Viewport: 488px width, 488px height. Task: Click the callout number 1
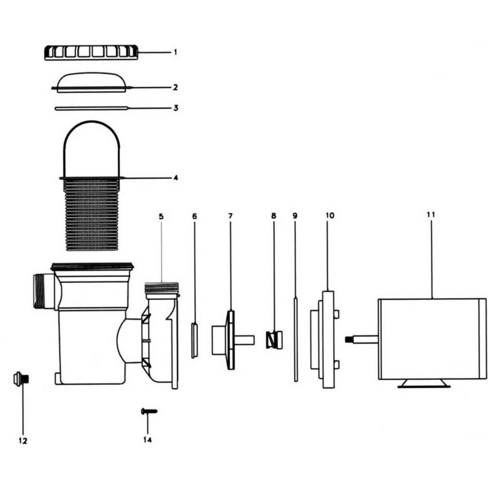[x=175, y=51]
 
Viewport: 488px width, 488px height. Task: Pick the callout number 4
[x=175, y=178]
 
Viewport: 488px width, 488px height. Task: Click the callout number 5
[x=161, y=215]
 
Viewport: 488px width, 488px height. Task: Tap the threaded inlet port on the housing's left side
[x=40, y=291]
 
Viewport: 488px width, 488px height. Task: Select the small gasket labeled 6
[x=194, y=340]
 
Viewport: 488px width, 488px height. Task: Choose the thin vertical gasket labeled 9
[x=295, y=340]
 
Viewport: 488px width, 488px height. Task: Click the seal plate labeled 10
[x=328, y=340]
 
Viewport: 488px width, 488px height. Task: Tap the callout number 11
[x=430, y=215]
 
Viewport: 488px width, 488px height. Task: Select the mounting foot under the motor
[x=424, y=384]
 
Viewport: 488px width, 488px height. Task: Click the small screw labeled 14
[x=149, y=411]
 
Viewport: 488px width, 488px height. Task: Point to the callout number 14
[x=147, y=440]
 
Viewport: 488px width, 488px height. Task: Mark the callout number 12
[x=22, y=441]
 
